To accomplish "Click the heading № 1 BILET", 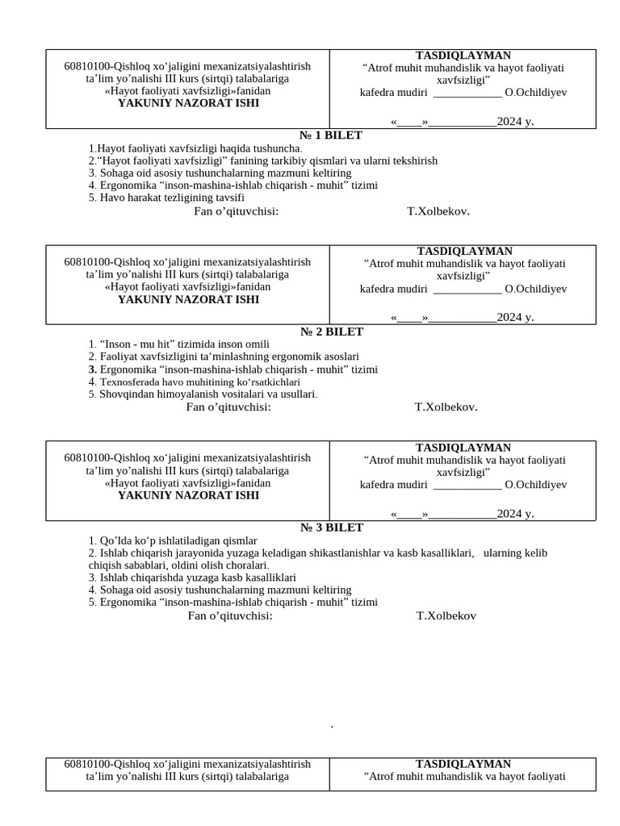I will click(331, 136).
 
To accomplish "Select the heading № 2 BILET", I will click(332, 332).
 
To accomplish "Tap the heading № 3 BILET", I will click(332, 528).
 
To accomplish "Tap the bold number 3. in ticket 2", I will click(92, 369).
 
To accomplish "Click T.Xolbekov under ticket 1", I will click(438, 211).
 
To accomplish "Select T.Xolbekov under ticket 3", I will click(446, 615).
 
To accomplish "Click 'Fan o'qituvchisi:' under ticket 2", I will click(228, 407).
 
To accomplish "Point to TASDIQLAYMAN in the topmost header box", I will click(463, 56).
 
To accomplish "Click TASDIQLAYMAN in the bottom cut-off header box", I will click(463, 764).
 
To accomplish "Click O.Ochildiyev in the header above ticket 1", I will click(535, 92).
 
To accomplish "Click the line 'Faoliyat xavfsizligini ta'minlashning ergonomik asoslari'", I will click(224, 357).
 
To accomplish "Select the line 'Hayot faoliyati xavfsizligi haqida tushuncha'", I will click(195, 148).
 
